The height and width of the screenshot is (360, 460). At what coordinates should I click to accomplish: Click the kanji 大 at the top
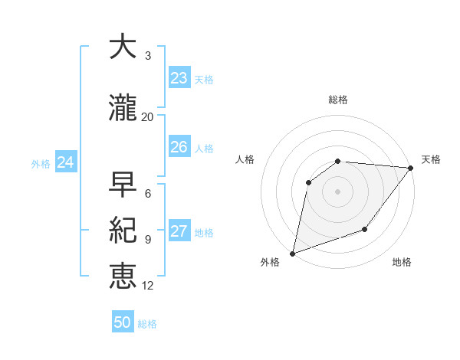click(123, 47)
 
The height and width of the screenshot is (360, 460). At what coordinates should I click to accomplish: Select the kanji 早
click(123, 185)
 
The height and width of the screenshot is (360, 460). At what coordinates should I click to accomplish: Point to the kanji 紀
click(123, 230)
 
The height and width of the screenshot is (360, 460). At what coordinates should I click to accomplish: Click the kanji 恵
click(123, 276)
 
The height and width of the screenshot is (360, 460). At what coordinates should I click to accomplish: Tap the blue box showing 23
click(179, 78)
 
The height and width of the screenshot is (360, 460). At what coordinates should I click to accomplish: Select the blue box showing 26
click(179, 147)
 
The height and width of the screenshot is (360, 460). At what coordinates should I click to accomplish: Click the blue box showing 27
click(179, 231)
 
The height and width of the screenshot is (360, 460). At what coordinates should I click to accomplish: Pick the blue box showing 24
click(65, 162)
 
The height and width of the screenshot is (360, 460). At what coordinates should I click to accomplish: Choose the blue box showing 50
click(123, 322)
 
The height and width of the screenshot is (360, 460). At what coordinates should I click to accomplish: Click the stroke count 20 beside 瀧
click(148, 116)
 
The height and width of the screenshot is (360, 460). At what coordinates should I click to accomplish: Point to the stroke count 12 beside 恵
click(148, 286)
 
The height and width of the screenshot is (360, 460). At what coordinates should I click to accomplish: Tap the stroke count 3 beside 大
click(148, 55)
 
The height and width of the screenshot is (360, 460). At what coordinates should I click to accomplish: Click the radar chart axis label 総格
click(338, 100)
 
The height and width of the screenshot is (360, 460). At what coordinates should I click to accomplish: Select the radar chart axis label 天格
click(431, 159)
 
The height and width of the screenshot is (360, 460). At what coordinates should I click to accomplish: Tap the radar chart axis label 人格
click(245, 159)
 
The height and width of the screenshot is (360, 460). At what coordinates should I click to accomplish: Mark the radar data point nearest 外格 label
click(292, 253)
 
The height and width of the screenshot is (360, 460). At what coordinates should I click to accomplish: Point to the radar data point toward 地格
click(365, 229)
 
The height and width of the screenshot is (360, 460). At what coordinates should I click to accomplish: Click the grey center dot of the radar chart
click(337, 191)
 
